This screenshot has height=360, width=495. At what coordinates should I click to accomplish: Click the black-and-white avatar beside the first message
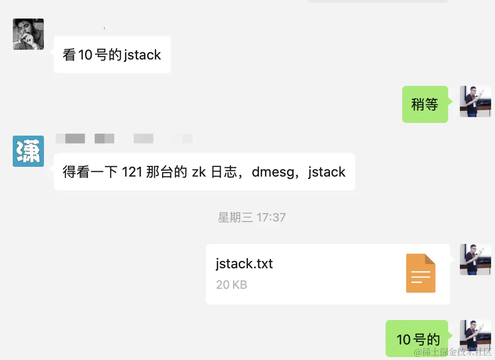28,34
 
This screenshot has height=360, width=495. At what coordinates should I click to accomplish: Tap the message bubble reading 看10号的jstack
112,55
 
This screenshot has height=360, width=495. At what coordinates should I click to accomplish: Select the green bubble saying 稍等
425,104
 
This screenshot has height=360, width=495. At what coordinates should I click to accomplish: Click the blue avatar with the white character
28,151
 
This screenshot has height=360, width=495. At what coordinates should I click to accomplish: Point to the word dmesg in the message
271,172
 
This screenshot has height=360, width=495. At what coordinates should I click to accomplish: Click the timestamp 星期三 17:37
251,217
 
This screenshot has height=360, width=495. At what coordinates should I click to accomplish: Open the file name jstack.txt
244,264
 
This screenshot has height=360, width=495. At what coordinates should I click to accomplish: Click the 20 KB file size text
231,284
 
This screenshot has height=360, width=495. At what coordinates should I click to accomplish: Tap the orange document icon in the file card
420,273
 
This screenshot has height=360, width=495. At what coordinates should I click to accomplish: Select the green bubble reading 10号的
418,340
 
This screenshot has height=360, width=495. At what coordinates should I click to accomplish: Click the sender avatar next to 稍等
475,101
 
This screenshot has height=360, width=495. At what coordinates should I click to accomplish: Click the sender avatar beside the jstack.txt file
475,260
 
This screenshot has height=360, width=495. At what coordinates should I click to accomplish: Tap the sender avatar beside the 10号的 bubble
475,336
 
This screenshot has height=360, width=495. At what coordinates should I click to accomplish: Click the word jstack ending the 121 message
327,172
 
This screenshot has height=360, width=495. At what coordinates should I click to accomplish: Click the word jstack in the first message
142,55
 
